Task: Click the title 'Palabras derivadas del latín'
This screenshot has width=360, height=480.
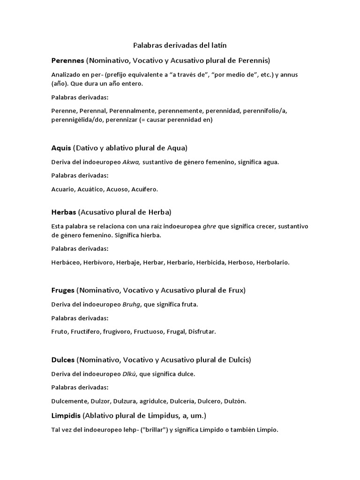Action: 180,45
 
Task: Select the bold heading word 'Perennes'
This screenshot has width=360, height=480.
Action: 67,60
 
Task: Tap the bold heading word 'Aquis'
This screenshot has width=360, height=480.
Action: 61,148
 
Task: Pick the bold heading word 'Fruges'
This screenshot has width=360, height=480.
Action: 63,290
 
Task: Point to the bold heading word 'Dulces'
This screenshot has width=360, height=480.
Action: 63,360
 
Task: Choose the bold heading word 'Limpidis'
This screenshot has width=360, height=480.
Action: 66,415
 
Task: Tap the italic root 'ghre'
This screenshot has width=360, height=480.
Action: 210,226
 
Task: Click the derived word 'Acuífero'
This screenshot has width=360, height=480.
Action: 145,189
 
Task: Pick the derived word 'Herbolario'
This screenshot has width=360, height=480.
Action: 273,262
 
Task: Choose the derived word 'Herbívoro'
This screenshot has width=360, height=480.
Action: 97,262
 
